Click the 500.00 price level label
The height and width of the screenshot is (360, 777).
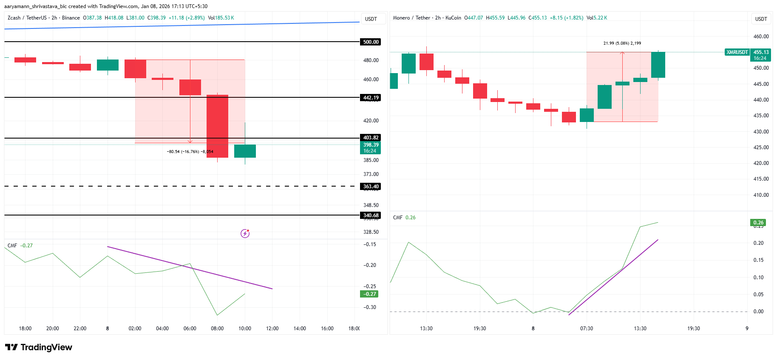(x=371, y=42)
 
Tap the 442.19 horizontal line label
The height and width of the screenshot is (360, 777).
(x=371, y=98)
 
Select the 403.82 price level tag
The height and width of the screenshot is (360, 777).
(x=371, y=138)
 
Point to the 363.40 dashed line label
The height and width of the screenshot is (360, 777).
(x=371, y=187)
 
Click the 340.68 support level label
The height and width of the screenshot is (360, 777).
(x=371, y=215)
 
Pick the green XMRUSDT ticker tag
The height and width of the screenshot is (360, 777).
(x=737, y=52)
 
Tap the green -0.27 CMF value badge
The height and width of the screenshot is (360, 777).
(x=369, y=294)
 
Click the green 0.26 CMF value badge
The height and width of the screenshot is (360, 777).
(x=758, y=223)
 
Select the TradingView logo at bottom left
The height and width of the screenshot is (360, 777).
(x=39, y=347)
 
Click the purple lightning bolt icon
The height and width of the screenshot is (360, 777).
(x=245, y=233)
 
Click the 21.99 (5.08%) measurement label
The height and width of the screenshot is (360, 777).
(x=622, y=43)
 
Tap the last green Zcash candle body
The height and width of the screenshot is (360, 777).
(x=245, y=151)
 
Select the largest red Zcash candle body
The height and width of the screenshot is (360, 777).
(x=217, y=126)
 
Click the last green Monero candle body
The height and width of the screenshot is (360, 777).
(x=658, y=65)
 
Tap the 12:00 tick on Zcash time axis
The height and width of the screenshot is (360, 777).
(x=272, y=329)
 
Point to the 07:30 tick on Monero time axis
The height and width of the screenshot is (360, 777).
(x=587, y=329)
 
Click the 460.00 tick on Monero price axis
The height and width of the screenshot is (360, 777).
(x=761, y=37)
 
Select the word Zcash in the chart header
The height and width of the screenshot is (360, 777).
(x=14, y=18)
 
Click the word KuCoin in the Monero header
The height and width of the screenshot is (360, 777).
(x=453, y=18)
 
